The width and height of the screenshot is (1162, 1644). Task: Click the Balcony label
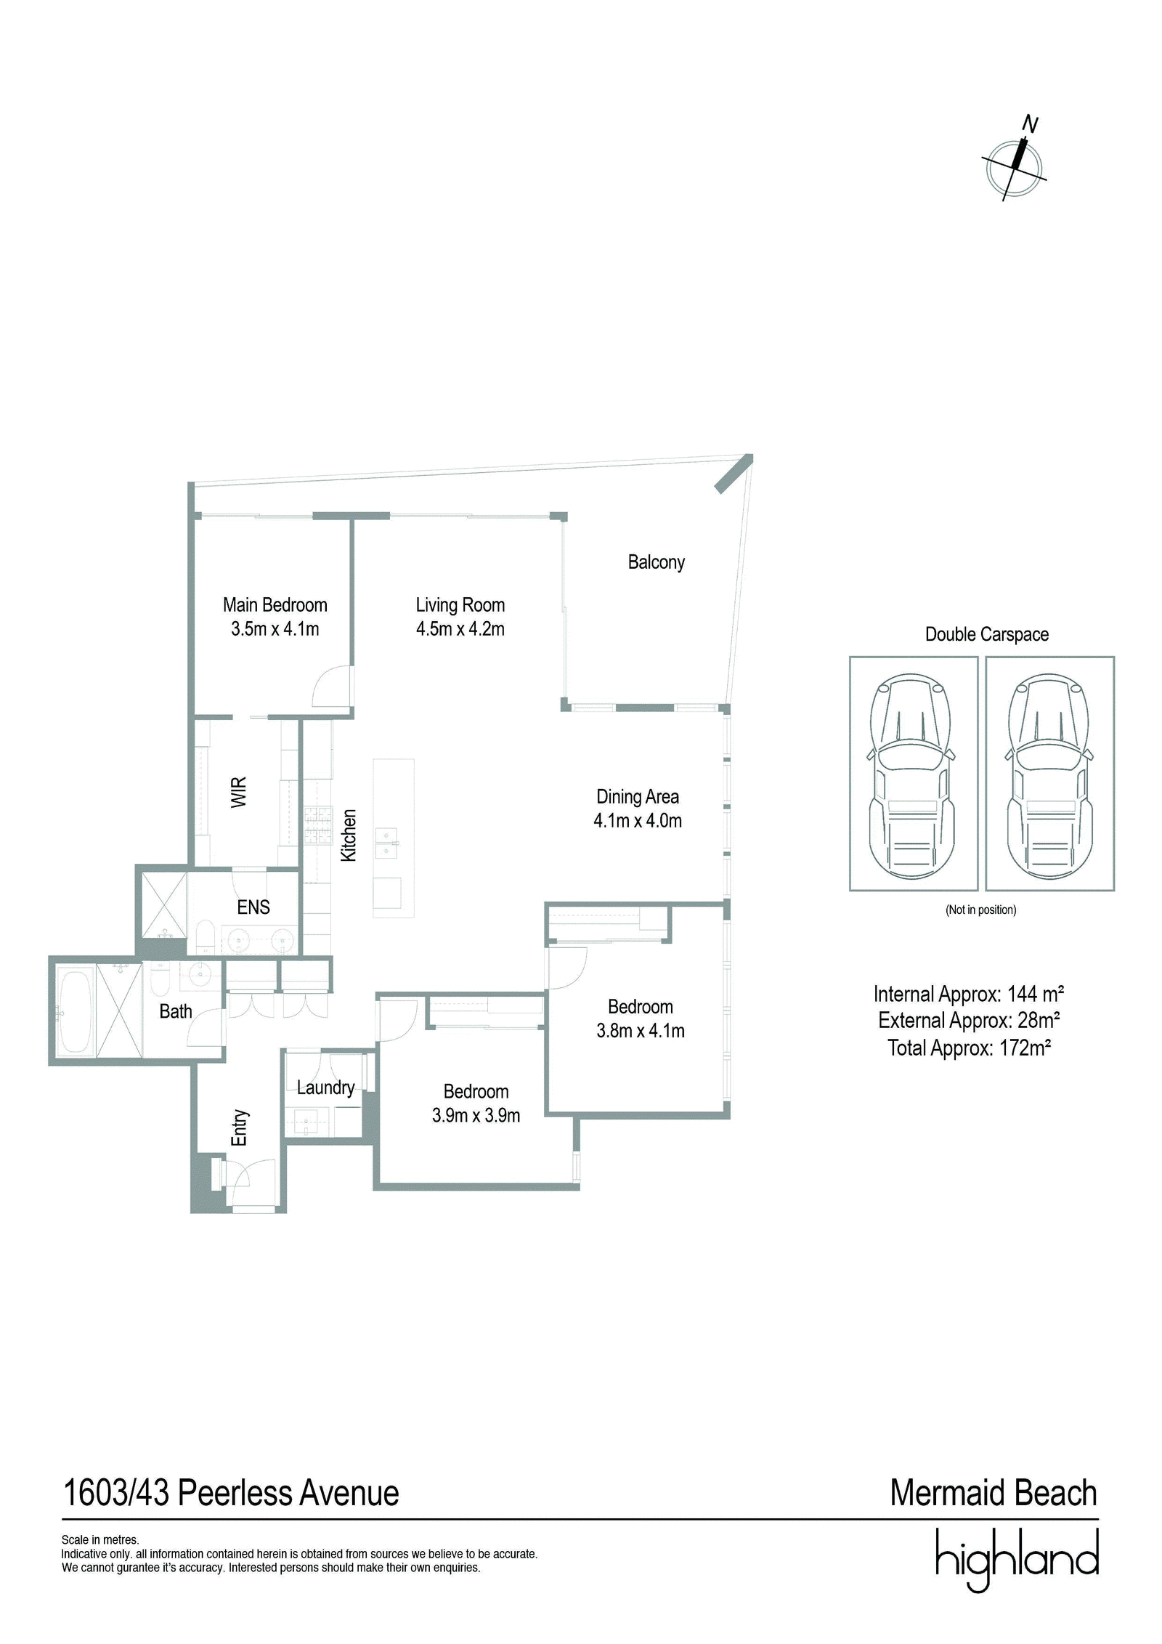pyautogui.click(x=656, y=562)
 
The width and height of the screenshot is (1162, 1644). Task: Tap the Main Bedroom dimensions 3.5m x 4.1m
pyautogui.click(x=275, y=629)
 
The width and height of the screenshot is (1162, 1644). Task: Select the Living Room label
pyautogui.click(x=460, y=605)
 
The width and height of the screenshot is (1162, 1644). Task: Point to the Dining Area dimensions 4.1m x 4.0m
pyautogui.click(x=638, y=821)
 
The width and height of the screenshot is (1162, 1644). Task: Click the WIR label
pyautogui.click(x=239, y=792)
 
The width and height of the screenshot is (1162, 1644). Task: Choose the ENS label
pyautogui.click(x=253, y=907)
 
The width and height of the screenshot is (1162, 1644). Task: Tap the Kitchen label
pyautogui.click(x=349, y=835)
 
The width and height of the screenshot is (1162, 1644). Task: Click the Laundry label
pyautogui.click(x=325, y=1088)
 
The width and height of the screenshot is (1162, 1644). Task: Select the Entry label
pyautogui.click(x=240, y=1127)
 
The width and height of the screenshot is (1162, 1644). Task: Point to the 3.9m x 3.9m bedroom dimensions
pyautogui.click(x=476, y=1116)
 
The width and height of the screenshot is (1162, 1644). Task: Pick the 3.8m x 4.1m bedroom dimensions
pyautogui.click(x=641, y=1031)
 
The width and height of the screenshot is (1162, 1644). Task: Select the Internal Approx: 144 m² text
pyautogui.click(x=969, y=994)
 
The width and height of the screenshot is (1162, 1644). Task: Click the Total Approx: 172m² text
pyautogui.click(x=969, y=1048)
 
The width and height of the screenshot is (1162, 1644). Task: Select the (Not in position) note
pyautogui.click(x=980, y=910)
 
